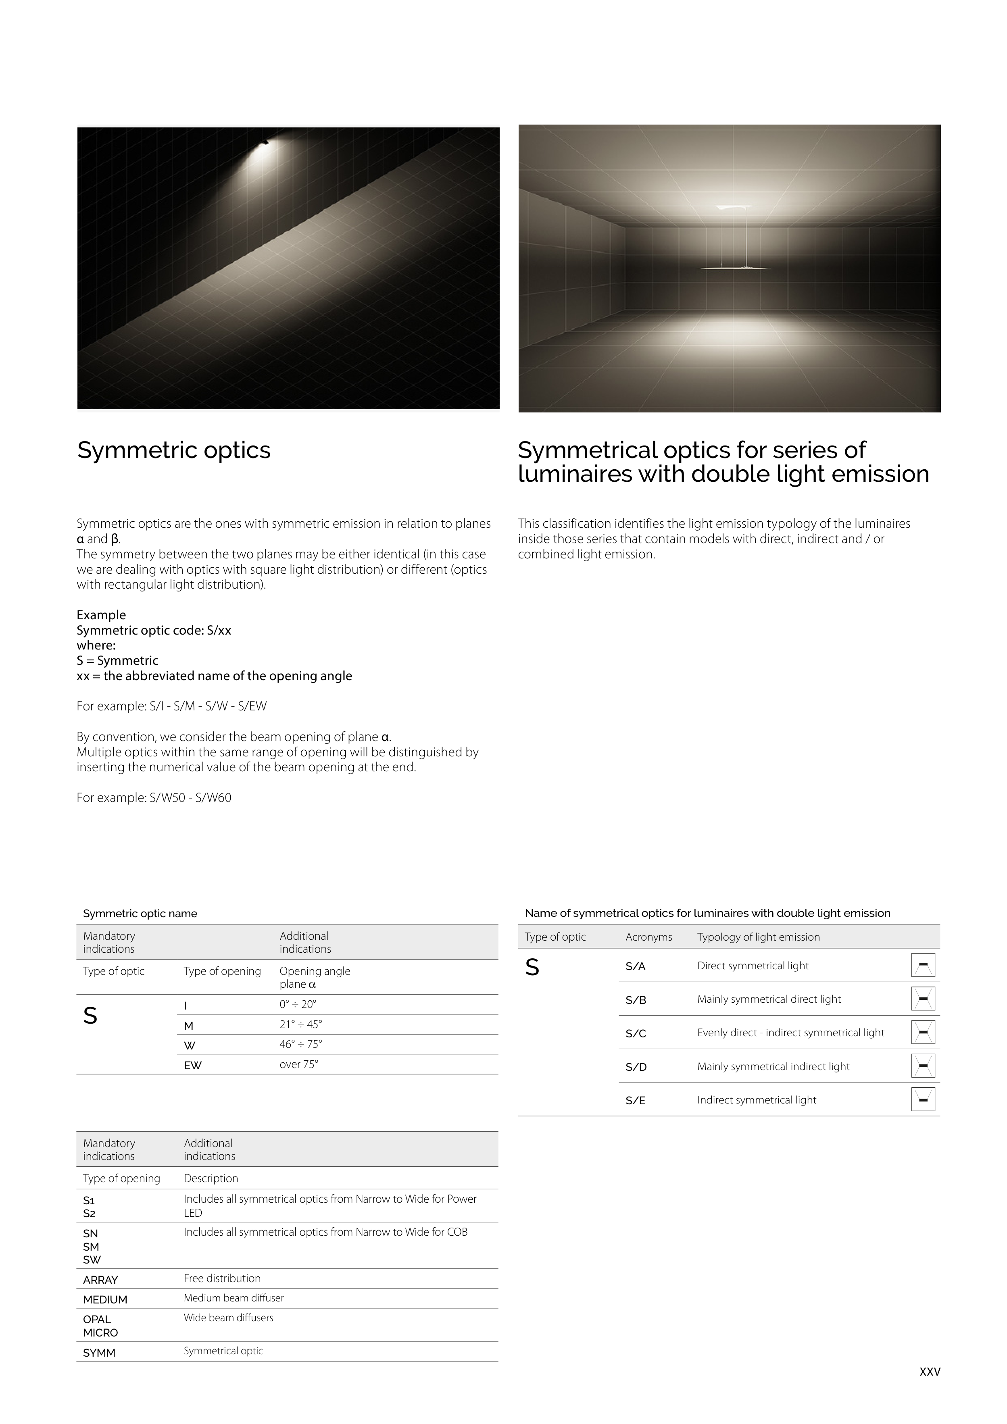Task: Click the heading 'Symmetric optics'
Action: [174, 450]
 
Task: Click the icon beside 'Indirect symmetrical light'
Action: [923, 1099]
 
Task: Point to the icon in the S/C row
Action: [923, 1033]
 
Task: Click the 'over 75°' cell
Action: [298, 1064]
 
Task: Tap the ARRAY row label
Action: [100, 1280]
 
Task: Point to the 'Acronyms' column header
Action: [648, 937]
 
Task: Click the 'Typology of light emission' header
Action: [758, 937]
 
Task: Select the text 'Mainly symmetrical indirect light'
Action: [773, 1066]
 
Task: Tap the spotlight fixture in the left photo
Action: [265, 142]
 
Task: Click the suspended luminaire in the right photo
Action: [734, 239]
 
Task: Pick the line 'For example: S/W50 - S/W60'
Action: [154, 797]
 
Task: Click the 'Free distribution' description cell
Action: [222, 1278]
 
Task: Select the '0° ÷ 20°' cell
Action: [298, 1004]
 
